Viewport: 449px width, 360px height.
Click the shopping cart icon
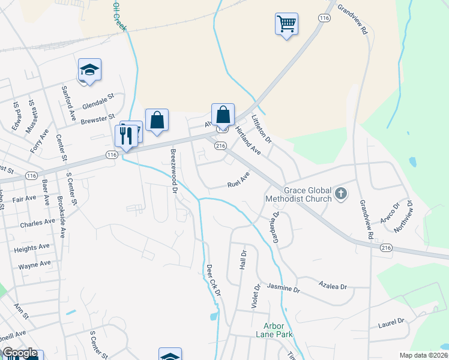tap(287, 25)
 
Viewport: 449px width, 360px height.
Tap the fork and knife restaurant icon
tap(126, 136)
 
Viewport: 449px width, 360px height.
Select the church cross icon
tap(340, 193)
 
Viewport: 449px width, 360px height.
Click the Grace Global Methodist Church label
tap(308, 193)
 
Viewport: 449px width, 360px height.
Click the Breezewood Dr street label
tap(174, 170)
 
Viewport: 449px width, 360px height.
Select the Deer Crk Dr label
tap(214, 280)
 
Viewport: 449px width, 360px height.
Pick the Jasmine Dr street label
tap(283, 289)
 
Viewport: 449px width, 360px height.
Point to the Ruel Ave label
tap(238, 181)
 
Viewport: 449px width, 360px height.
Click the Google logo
tap(20, 353)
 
